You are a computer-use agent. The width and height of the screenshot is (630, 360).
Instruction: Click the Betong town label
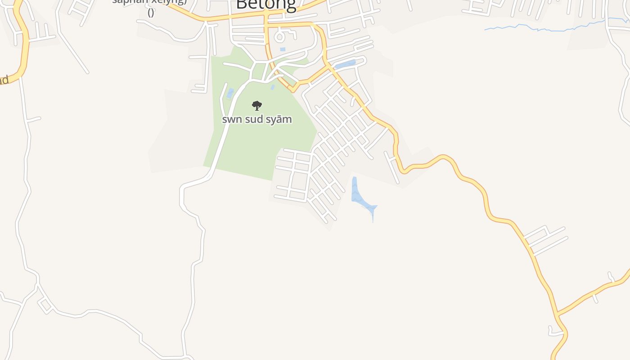click(x=265, y=4)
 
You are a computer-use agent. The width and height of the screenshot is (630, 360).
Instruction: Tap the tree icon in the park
click(x=257, y=106)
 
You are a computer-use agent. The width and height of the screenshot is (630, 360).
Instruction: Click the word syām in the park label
click(x=279, y=119)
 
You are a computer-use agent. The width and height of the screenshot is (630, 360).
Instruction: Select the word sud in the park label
click(x=254, y=119)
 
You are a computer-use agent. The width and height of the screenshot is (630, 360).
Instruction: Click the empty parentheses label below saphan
click(x=151, y=13)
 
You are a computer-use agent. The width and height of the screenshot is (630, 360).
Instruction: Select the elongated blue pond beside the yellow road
click(x=346, y=65)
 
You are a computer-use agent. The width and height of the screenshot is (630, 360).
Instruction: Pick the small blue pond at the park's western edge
click(x=230, y=93)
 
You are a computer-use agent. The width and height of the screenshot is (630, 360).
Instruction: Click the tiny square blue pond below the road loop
click(x=283, y=49)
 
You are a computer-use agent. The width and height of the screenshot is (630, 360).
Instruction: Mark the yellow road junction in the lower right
click(x=557, y=313)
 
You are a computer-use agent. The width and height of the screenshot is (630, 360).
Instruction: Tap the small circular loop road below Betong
click(x=280, y=35)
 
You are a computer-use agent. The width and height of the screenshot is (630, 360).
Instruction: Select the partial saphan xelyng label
click(x=149, y=2)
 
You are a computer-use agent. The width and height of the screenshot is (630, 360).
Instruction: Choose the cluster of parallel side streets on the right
click(x=544, y=239)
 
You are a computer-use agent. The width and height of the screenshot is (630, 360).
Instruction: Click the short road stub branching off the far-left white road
click(x=34, y=119)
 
